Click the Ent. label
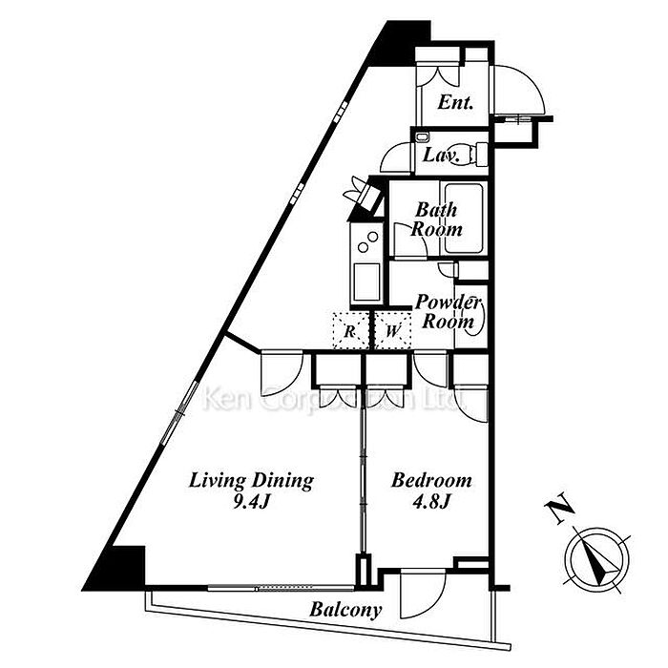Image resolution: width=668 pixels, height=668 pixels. [455, 102]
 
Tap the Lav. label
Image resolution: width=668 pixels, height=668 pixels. [441, 155]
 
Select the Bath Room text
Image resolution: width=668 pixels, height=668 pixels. [436, 219]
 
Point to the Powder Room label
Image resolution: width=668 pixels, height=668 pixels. [448, 311]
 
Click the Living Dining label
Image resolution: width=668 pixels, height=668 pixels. [251, 481]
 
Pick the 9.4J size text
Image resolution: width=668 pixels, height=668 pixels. [251, 503]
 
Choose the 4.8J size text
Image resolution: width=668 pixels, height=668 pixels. [431, 503]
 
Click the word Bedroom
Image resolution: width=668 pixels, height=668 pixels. [431, 481]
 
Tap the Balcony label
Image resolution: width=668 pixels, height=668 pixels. [345, 610]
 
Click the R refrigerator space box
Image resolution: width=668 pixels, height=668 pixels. [350, 330]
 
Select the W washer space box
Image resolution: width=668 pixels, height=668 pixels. [393, 330]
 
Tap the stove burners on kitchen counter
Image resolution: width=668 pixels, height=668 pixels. [367, 241]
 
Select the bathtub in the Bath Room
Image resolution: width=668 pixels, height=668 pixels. [464, 219]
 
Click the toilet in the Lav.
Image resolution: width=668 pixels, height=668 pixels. [475, 155]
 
